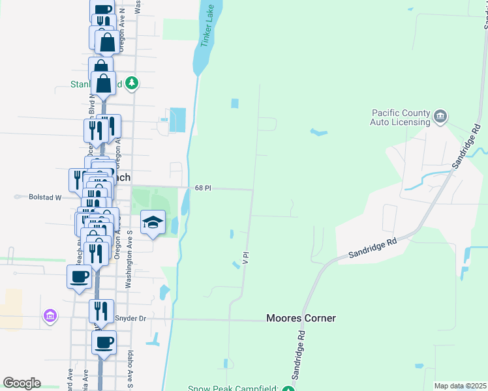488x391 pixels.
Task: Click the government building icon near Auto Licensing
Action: pyautogui.click(x=440, y=117)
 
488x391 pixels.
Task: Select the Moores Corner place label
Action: pyautogui.click(x=301, y=318)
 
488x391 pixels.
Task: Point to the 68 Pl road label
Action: pyautogui.click(x=203, y=188)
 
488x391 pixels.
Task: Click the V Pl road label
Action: pyautogui.click(x=245, y=258)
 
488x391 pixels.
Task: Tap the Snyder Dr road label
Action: pyautogui.click(x=128, y=319)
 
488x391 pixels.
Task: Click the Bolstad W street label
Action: pyautogui.click(x=45, y=196)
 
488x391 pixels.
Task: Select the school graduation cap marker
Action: pyautogui.click(x=153, y=224)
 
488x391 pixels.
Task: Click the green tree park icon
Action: pyautogui.click(x=132, y=83)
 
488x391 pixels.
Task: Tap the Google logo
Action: pyautogui.click(x=22, y=383)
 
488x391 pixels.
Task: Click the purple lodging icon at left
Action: pyautogui.click(x=49, y=316)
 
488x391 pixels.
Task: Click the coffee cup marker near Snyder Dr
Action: pyautogui.click(x=104, y=341)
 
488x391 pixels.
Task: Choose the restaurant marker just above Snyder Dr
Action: pyautogui.click(x=101, y=310)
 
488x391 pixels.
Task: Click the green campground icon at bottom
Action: pyautogui.click(x=288, y=389)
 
